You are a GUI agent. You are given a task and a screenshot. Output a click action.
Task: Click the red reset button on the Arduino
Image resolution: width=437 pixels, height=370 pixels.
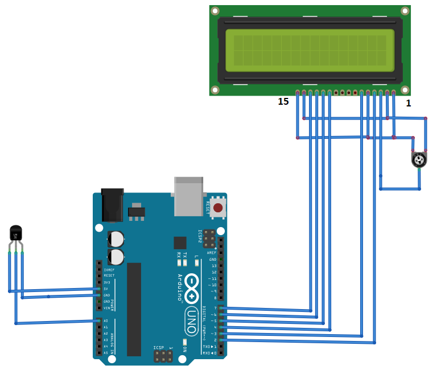(218, 207)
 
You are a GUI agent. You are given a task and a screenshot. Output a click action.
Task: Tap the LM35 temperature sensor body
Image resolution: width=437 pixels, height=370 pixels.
(16, 233)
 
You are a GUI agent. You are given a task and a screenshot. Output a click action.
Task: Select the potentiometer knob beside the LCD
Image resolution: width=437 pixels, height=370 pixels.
(419, 160)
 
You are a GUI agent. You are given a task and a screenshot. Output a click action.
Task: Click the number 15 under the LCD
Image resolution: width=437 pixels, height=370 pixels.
(283, 102)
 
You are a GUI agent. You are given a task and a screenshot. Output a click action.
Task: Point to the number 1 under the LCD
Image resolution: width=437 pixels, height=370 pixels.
(408, 103)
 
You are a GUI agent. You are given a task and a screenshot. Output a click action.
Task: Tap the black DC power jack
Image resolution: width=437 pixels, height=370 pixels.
(112, 204)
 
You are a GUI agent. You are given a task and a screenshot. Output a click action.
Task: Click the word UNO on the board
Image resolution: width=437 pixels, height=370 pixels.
(191, 321)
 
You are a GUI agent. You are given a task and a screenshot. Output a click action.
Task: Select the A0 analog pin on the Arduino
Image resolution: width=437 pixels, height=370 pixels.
(100, 321)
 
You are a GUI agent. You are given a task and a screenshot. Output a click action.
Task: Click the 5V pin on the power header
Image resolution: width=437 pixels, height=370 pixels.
(100, 289)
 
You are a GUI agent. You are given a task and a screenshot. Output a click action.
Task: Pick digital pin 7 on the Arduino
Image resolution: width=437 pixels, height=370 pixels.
(221, 308)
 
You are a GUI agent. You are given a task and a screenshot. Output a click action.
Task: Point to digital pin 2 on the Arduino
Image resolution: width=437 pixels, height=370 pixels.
(221, 340)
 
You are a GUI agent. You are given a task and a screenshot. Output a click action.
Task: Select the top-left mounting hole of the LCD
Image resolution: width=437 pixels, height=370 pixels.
(215, 11)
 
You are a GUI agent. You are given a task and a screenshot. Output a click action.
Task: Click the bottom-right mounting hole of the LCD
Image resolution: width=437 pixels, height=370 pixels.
(405, 89)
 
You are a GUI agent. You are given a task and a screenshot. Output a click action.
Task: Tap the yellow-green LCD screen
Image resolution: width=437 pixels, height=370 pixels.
(310, 50)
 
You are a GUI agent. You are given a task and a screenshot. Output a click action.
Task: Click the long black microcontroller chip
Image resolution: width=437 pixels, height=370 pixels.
(134, 309)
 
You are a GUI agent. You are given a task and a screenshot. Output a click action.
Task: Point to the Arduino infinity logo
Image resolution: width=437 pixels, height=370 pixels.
(191, 288)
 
